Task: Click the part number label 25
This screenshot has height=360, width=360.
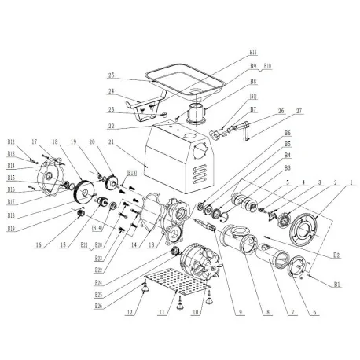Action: click(x=113, y=76)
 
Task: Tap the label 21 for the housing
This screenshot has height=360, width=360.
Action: click(x=112, y=141)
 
